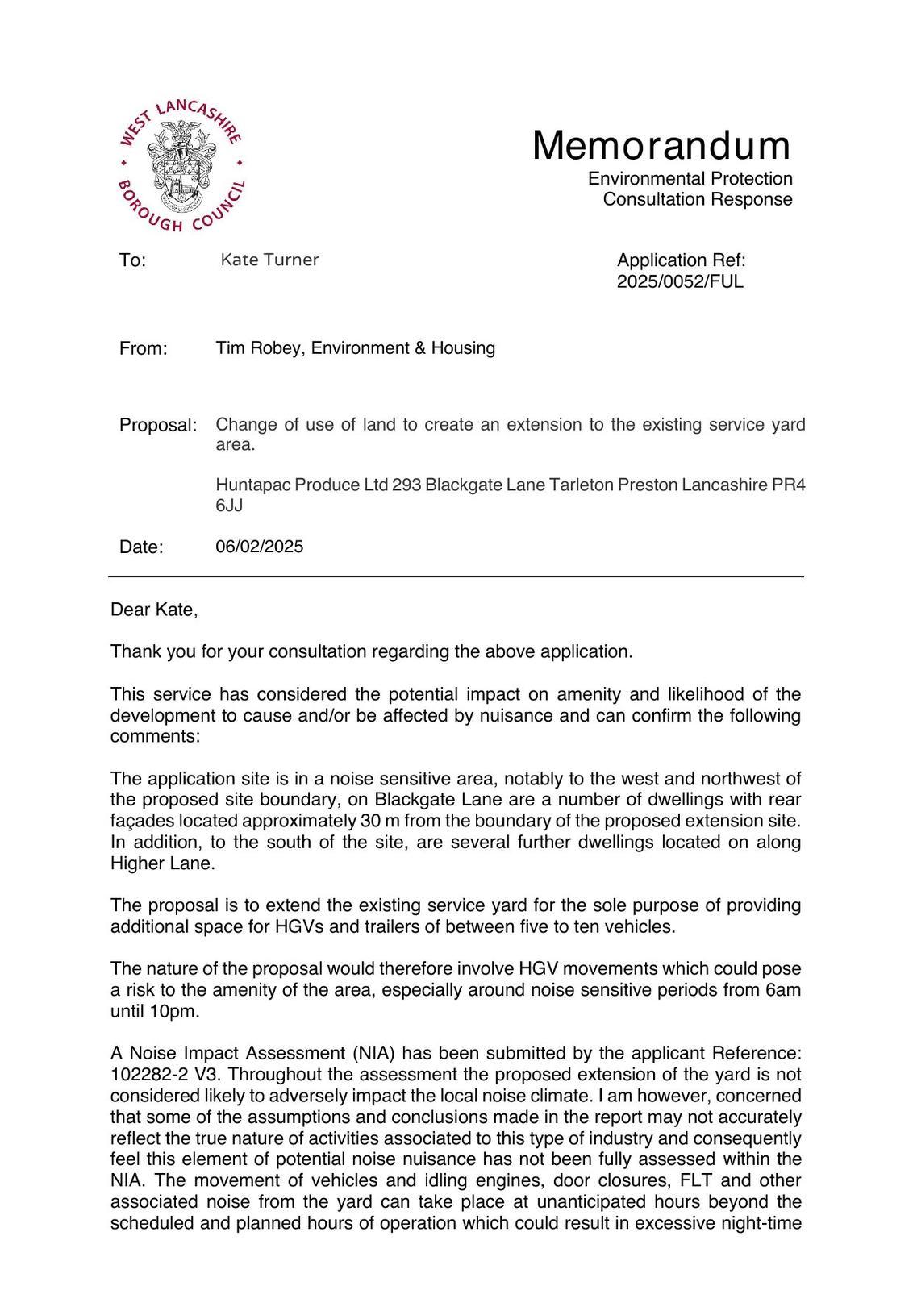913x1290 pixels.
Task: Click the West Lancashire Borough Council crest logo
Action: coord(180,165)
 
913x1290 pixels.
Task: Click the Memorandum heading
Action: coord(661,146)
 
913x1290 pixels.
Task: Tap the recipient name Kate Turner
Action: coord(269,260)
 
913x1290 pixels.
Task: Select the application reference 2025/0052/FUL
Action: coord(680,281)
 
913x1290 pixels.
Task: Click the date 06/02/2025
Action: coord(260,547)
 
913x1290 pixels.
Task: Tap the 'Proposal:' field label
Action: coord(158,425)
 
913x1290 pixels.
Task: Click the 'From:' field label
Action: coord(144,349)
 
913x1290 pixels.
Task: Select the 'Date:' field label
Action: coord(141,547)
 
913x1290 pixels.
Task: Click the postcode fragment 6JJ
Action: coord(229,506)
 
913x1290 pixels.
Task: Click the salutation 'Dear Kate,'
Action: coord(154,610)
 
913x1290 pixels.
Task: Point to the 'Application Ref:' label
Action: coord(682,260)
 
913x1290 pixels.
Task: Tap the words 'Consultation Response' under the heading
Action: coord(698,199)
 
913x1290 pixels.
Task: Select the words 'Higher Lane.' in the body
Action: coord(163,863)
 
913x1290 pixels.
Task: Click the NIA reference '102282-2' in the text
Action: coord(144,1075)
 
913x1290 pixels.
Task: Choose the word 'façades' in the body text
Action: coord(142,822)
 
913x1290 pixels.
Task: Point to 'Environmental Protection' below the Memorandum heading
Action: coord(690,178)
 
